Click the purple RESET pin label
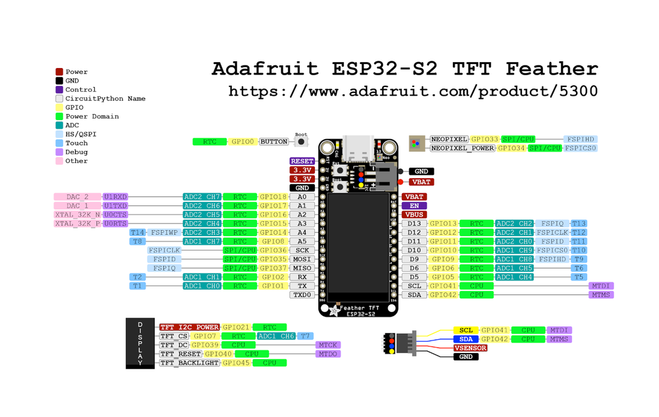(302, 161)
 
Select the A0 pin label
(302, 197)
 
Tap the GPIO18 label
(273, 197)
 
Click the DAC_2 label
(77, 197)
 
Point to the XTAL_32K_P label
(78, 224)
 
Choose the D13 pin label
(414, 224)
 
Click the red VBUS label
(414, 214)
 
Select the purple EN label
(414, 206)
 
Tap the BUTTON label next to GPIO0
(274, 141)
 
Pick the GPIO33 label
(485, 139)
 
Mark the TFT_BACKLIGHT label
(190, 363)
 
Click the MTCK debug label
(328, 345)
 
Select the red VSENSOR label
(471, 348)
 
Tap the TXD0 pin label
(302, 295)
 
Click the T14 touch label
(137, 233)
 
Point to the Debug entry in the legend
(76, 152)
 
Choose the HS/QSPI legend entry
(80, 134)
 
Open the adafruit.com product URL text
(413, 91)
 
